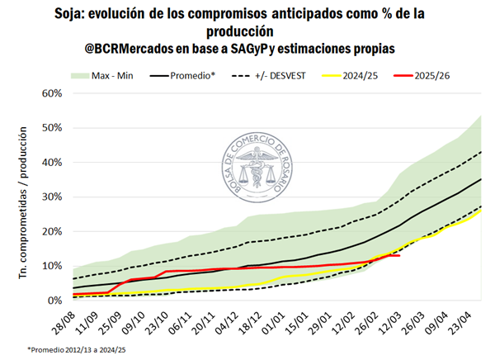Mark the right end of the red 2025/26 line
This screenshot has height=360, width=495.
(x=400, y=255)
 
